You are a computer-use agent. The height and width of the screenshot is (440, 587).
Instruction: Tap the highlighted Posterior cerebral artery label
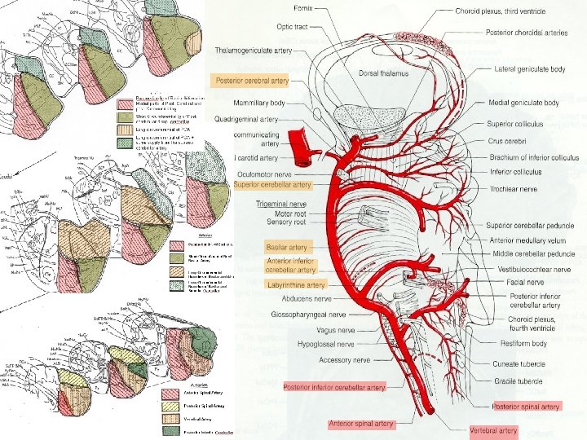click(x=250, y=81)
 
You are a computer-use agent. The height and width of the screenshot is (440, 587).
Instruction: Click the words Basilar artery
click(x=286, y=247)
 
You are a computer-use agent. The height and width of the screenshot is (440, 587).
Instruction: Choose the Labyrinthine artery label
click(x=295, y=285)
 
